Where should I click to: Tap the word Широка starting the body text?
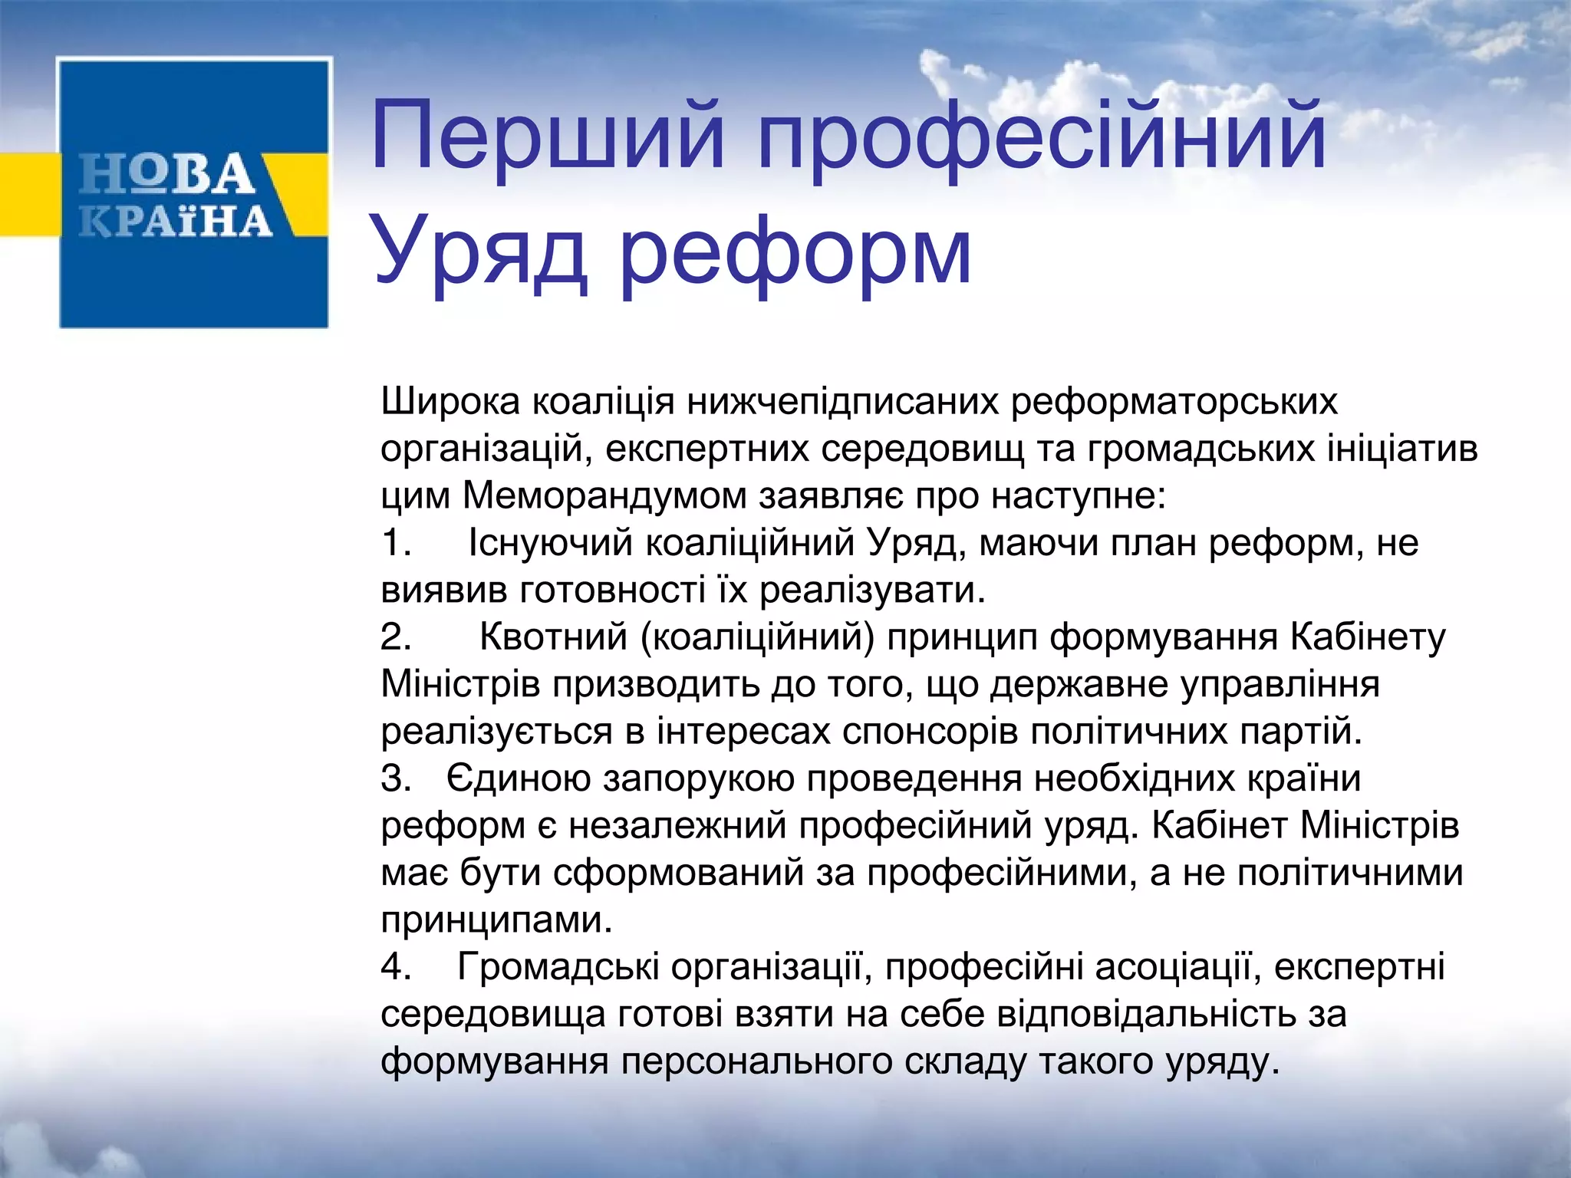pyautogui.click(x=450, y=401)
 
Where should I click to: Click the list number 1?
pyautogui.click(x=397, y=543)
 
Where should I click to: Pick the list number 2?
pyautogui.click(x=397, y=637)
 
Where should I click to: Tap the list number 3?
pyautogui.click(x=397, y=778)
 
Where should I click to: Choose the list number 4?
pyautogui.click(x=397, y=966)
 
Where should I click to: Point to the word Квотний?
pyautogui.click(x=554, y=637)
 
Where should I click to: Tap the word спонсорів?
pyautogui.click(x=930, y=732)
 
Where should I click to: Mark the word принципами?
pyautogui.click(x=496, y=920)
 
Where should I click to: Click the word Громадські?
pyautogui.click(x=558, y=966)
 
